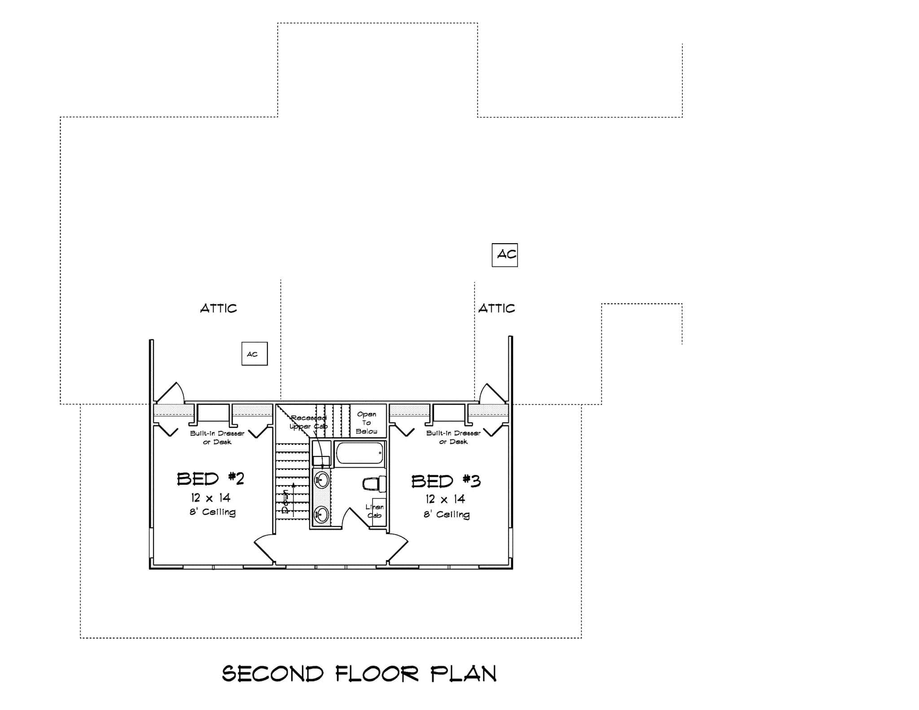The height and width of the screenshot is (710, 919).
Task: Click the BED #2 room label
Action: coord(210,479)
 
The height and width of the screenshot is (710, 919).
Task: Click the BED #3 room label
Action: coord(446,481)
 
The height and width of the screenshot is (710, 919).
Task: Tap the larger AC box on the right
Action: coord(505,255)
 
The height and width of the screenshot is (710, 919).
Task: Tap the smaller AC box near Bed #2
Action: coord(254,354)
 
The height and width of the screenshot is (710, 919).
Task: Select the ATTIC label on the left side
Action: coord(218,308)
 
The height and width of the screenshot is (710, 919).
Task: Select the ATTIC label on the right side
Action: coord(497,308)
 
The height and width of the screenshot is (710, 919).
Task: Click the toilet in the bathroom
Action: coord(373,483)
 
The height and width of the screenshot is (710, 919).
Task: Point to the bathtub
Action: coord(360,453)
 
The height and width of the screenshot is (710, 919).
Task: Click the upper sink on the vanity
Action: coord(321,480)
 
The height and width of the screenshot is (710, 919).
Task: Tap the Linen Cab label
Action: coord(375,511)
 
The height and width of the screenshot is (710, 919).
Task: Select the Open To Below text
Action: coord(367,423)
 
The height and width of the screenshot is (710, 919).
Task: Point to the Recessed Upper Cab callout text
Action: coord(309,422)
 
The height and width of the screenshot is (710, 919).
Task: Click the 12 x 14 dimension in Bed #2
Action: coord(210,498)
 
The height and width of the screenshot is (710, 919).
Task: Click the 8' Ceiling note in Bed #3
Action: coord(446,514)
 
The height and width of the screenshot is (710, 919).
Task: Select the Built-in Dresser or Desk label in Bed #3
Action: coord(453,437)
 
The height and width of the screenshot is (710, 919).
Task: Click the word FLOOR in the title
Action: coord(377,674)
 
